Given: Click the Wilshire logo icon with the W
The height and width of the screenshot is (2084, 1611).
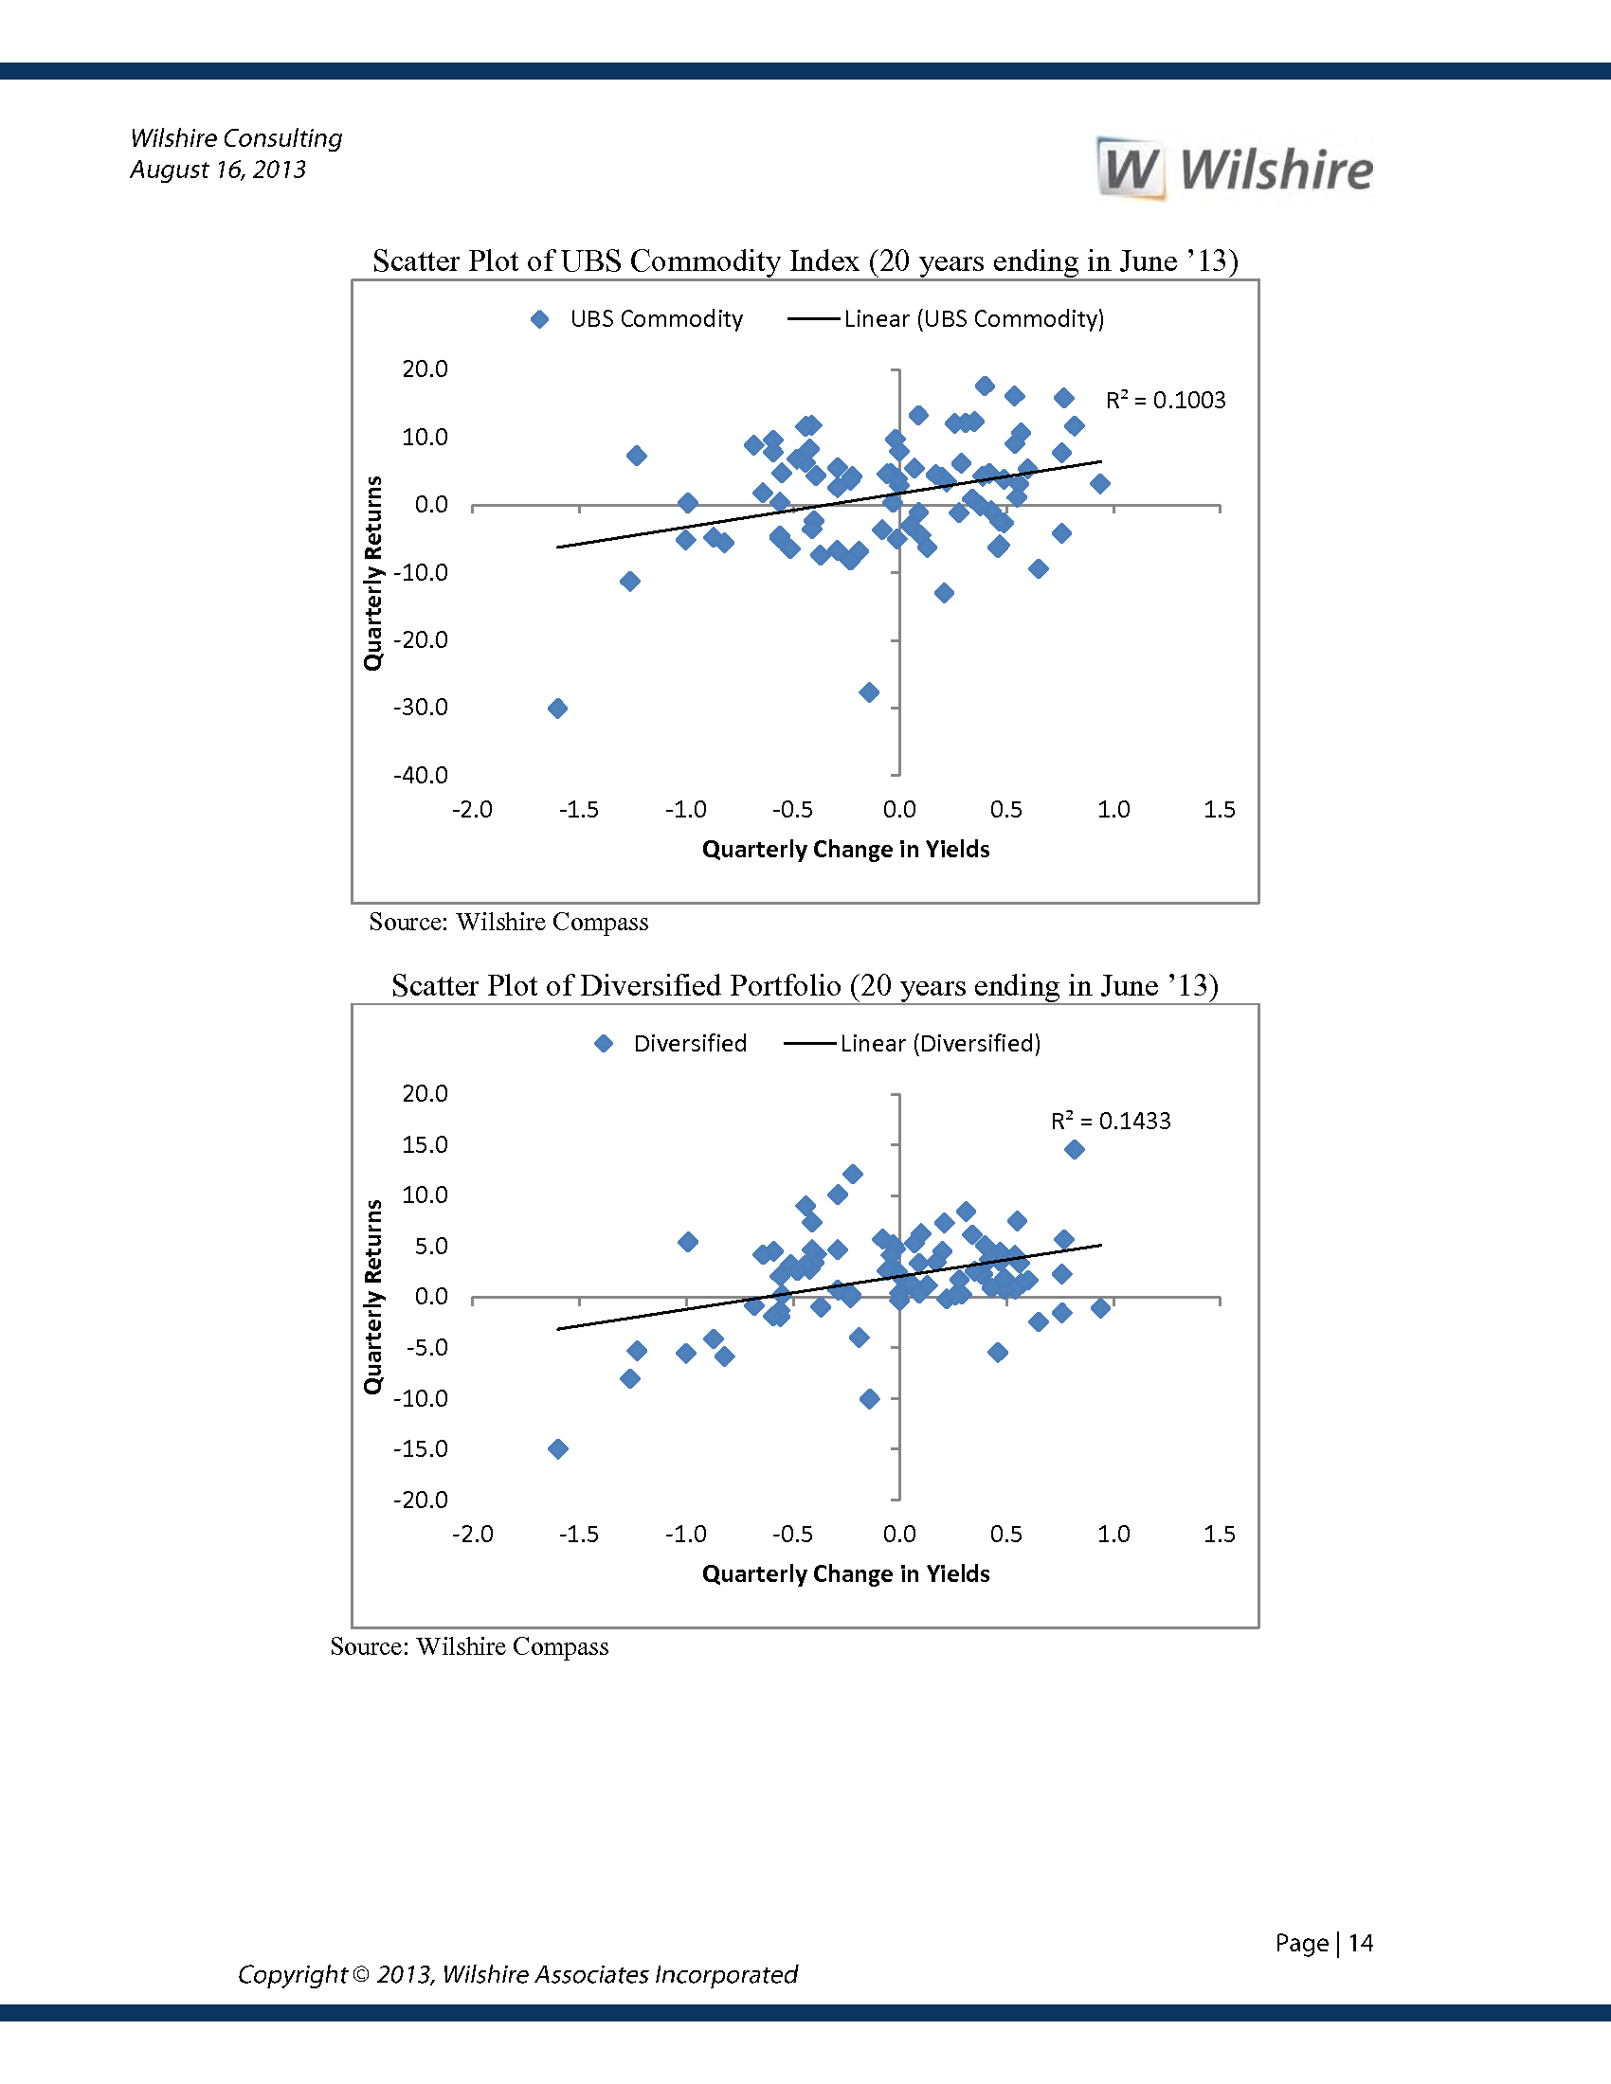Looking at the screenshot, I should coord(1131,169).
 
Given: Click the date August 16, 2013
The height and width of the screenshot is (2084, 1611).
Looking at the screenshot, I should coord(218,170).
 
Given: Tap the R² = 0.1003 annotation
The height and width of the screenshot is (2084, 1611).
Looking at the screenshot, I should coord(1166,400).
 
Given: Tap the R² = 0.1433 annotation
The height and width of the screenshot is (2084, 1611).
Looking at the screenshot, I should coord(1110,1121).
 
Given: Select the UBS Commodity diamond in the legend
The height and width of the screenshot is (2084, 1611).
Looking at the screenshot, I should coord(540,319).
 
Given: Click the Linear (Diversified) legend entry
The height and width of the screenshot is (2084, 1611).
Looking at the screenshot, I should coord(912,1043).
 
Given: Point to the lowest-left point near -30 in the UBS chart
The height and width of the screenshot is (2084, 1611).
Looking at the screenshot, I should coord(558,708).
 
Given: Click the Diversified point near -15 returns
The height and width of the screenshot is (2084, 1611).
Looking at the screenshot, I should coord(558,1448).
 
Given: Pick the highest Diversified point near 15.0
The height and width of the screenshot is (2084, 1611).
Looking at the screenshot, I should coord(1075,1149).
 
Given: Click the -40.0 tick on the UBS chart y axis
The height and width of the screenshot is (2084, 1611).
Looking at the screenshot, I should coord(421,775).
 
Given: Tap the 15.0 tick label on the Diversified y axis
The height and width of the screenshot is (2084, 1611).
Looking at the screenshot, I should coord(425,1144).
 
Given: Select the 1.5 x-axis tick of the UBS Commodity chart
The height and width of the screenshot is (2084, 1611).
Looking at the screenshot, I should coord(1219,810).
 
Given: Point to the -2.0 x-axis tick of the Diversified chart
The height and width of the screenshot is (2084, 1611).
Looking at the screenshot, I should coord(473,1535).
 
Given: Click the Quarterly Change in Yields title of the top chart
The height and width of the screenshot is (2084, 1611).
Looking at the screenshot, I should coord(845,850).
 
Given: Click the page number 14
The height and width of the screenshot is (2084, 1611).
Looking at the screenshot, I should coord(1360,1943).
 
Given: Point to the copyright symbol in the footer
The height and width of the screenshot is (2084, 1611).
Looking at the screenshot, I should coord(361,1974).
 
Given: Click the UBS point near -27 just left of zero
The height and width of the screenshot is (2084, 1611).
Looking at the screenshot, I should coord(868,692).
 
